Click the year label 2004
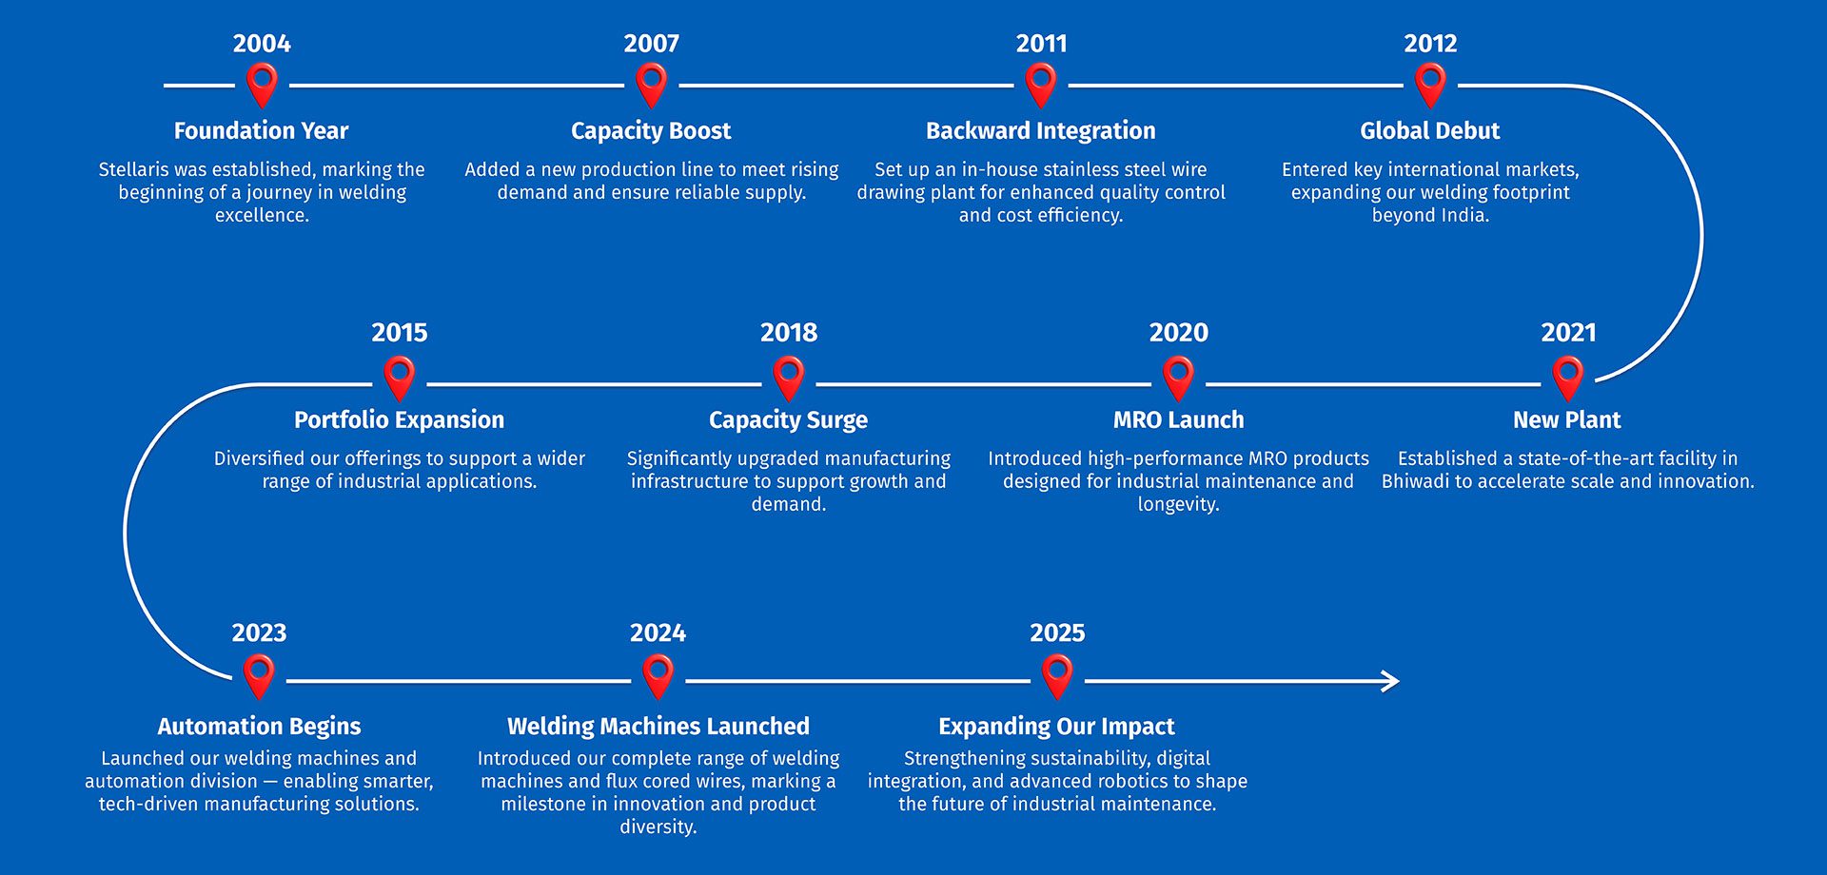[262, 44]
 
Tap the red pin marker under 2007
[651, 85]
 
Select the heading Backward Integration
[1041, 131]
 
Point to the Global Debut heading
[1429, 131]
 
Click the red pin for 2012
[1430, 85]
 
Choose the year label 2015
[400, 333]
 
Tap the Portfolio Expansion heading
[399, 420]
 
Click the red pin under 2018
[789, 378]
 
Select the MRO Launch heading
[1178, 420]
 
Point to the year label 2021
[1568, 333]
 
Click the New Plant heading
[1566, 420]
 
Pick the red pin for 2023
[259, 676]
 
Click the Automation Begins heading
[259, 727]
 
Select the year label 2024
[658, 633]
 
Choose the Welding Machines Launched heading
[658, 727]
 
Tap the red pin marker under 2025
[1057, 676]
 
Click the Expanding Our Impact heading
[1056, 727]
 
